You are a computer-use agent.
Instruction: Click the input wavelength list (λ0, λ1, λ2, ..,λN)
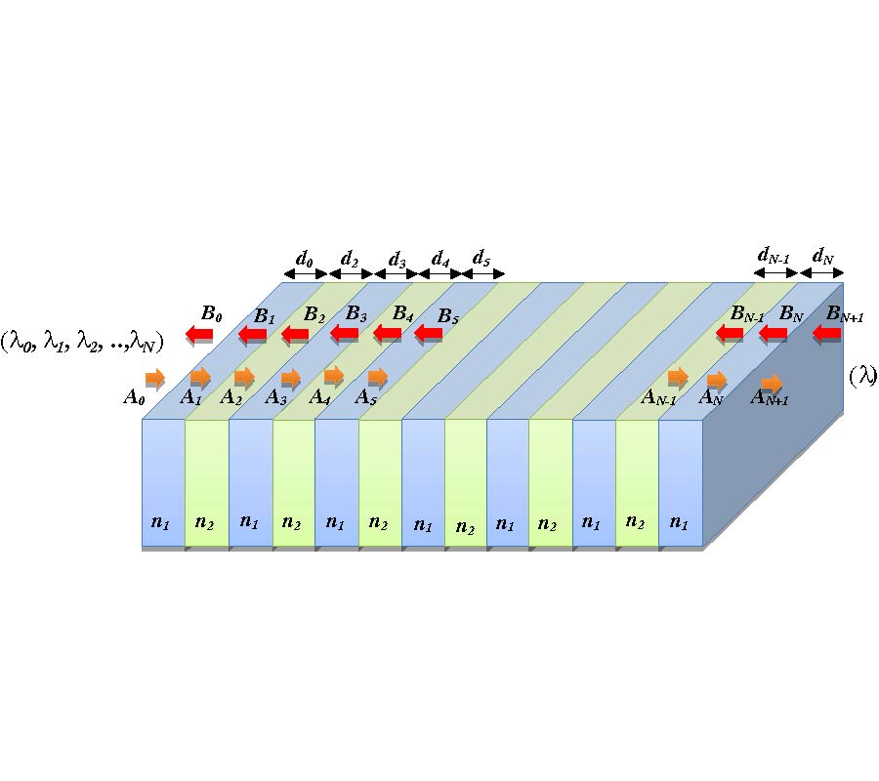(82, 340)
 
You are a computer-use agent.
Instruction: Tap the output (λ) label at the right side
(861, 376)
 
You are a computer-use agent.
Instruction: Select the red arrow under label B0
(200, 336)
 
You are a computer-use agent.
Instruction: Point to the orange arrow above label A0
(155, 378)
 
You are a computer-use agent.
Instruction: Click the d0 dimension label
(305, 259)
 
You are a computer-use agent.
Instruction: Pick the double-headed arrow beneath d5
(482, 274)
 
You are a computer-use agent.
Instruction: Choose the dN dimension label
(823, 257)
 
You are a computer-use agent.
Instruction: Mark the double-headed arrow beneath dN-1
(776, 274)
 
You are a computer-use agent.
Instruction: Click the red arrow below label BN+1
(826, 335)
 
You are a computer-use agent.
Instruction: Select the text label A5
(366, 397)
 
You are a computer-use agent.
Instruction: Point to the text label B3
(356, 314)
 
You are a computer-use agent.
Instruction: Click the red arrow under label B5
(429, 336)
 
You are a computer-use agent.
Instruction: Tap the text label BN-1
(748, 314)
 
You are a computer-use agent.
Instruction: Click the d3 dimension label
(397, 259)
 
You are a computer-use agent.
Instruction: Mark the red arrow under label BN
(774, 335)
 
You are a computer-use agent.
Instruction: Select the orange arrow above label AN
(718, 380)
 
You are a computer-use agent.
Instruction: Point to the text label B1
(265, 315)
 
